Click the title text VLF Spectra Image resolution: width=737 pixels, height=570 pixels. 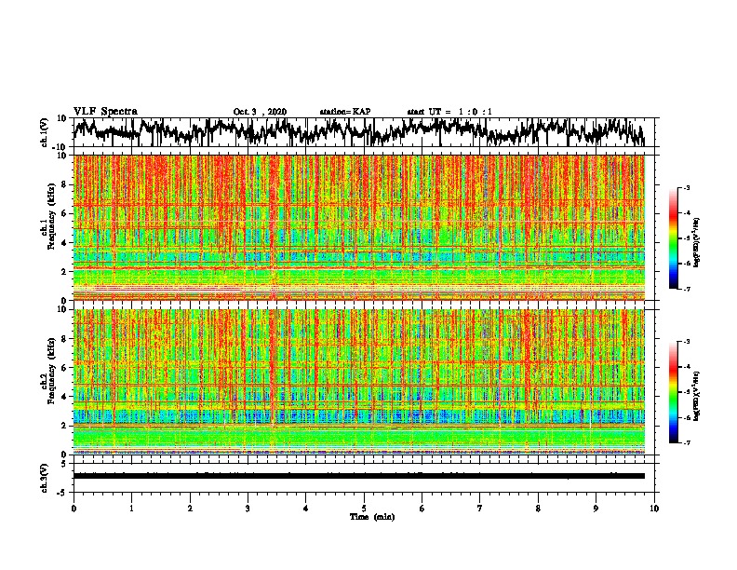pos(105,111)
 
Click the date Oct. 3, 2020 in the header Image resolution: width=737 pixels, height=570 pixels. pos(260,112)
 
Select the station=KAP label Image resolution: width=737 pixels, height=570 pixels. pos(345,112)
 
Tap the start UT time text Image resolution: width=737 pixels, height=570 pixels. pos(449,112)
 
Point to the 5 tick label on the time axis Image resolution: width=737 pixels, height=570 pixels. pos(364,508)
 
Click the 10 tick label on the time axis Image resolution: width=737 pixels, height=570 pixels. pos(654,508)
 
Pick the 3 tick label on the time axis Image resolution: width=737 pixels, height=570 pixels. pos(248,508)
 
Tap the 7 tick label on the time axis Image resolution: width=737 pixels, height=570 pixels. pos(480,508)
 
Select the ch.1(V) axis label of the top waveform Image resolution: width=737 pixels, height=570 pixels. pos(45,132)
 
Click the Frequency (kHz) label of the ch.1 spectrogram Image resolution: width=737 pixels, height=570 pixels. pos(49,228)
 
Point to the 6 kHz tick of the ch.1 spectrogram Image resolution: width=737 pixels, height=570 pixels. pos(65,213)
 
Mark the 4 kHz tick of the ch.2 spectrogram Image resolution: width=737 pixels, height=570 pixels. pos(65,397)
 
